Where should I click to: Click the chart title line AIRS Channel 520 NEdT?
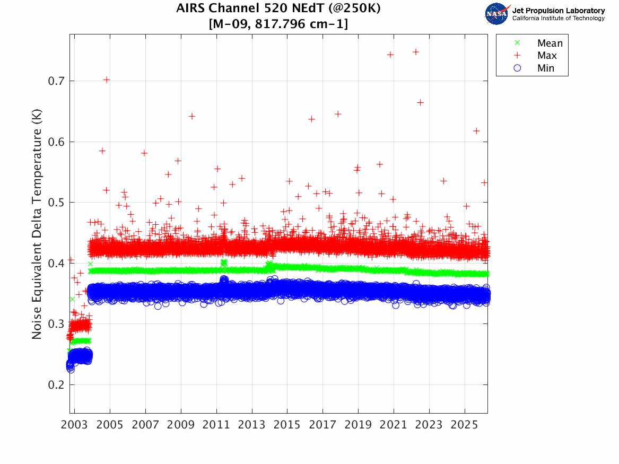tap(278, 9)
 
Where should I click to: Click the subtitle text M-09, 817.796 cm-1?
tap(278, 24)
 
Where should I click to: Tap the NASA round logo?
tap(497, 14)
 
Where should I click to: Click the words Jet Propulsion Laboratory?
tap(558, 11)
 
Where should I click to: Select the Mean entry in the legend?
tap(550, 43)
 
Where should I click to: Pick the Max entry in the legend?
tap(546, 56)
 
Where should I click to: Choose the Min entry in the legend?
tap(546, 68)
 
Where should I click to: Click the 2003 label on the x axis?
tap(75, 425)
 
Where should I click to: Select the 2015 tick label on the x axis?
tap(287, 425)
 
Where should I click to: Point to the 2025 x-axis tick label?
tap(464, 425)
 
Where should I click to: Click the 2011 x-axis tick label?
tap(216, 425)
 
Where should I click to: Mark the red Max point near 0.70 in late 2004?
tap(107, 80)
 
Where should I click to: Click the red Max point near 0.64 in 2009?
tap(192, 116)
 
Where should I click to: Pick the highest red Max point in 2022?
tap(416, 52)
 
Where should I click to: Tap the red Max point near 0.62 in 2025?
tap(476, 131)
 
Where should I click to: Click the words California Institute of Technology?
tap(558, 19)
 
